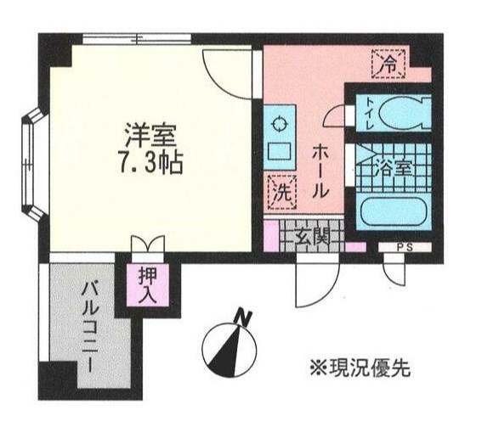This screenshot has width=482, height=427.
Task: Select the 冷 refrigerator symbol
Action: [388, 61]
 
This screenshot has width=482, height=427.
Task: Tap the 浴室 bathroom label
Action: [396, 167]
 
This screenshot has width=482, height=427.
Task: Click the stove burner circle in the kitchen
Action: [277, 124]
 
